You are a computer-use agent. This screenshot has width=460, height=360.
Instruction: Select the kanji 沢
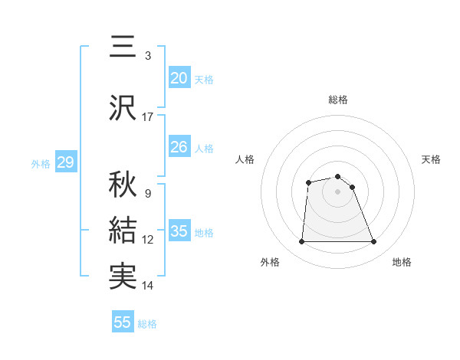pos(123,108)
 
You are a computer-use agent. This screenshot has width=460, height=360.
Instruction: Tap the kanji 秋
pos(123,185)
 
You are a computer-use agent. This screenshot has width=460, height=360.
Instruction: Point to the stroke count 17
pos(148,117)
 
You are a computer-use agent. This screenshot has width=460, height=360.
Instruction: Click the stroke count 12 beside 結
pos(148,240)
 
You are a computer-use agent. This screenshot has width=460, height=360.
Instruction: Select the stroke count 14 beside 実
pos(148,286)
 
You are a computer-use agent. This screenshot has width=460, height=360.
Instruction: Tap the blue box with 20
pos(179,77)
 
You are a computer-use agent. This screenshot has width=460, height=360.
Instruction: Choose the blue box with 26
pos(179,147)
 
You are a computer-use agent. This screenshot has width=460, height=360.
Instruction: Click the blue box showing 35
pos(179,231)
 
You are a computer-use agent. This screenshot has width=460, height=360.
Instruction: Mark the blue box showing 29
pos(65,162)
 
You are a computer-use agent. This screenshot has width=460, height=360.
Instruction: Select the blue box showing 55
pos(123,322)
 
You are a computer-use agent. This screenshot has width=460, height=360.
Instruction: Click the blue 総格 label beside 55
pos(147,324)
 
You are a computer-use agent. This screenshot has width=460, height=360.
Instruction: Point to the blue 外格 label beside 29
pos(41,163)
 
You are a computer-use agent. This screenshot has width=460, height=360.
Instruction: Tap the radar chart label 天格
pos(432,159)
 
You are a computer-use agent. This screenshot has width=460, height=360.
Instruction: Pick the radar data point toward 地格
pos(374,242)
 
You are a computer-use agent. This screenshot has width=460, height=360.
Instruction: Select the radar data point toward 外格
pos(301,242)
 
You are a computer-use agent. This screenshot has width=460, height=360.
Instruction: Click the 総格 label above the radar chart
pos(338,100)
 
